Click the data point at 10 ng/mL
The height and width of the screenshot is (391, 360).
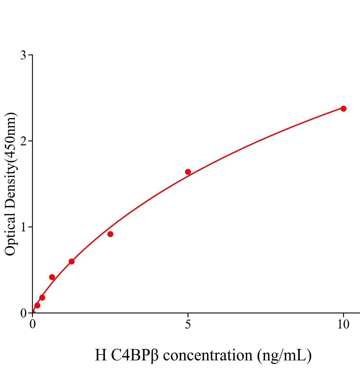click(343, 109)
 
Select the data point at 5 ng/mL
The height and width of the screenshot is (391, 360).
click(188, 172)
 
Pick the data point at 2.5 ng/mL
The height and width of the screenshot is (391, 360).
click(110, 234)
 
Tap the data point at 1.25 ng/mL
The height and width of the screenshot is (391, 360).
click(71, 261)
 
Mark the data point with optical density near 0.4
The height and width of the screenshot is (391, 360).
click(52, 277)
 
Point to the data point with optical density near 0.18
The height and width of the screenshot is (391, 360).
click(42, 297)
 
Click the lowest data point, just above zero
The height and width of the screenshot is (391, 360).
click(37, 305)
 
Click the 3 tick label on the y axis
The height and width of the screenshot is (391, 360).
click(23, 55)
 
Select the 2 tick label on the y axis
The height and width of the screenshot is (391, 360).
click(23, 141)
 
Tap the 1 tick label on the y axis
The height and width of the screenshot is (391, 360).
click(23, 227)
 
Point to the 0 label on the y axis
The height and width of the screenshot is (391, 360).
click(23, 313)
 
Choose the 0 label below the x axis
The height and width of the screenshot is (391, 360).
click(33, 325)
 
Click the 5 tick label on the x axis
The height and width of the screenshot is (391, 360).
click(188, 325)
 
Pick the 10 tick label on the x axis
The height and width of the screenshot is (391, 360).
click(343, 325)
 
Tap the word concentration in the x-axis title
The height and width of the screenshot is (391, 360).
click(208, 355)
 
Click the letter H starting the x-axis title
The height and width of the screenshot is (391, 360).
click(101, 355)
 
